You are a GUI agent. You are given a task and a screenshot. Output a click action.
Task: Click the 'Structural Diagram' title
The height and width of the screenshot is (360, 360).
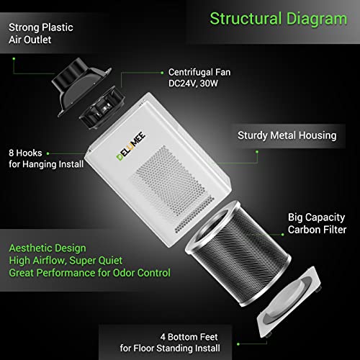click(279, 19)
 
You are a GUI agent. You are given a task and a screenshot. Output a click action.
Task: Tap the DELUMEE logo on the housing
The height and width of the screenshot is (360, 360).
click(131, 146)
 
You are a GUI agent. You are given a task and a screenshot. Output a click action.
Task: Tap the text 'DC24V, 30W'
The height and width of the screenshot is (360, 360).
click(193, 84)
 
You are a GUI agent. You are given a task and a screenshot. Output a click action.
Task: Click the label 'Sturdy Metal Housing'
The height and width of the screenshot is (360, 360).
click(287, 135)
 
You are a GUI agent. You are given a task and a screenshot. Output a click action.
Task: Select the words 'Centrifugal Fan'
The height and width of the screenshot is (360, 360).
click(199, 72)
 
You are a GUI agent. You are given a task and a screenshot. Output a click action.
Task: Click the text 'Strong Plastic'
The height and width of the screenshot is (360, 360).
click(41, 27)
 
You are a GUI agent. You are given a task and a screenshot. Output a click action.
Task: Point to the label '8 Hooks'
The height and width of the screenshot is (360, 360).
click(25, 153)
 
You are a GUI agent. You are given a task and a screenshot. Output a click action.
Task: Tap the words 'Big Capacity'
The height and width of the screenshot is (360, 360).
click(317, 217)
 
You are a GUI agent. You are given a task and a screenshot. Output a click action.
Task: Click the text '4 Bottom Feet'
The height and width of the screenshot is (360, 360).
click(189, 337)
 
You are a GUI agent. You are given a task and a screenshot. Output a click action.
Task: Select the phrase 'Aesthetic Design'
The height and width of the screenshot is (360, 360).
click(48, 248)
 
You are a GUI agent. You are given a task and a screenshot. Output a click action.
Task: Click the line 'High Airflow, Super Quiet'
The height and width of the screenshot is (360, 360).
click(66, 261)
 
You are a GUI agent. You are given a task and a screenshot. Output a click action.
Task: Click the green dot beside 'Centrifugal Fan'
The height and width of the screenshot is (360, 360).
click(162, 73)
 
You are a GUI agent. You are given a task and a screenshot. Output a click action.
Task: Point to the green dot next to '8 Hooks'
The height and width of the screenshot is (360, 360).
click(48, 153)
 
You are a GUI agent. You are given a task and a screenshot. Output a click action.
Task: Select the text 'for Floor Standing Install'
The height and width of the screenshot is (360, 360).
click(170, 348)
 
